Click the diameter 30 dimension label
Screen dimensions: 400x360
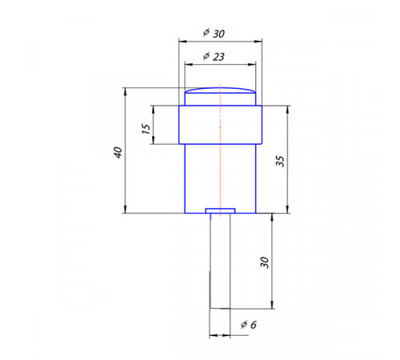click(x=214, y=33)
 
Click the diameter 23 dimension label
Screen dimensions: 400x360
click(x=214, y=56)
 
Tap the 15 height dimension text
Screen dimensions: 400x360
click(x=146, y=129)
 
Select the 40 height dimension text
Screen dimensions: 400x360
click(x=118, y=152)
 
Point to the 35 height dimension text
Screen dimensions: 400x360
click(x=280, y=162)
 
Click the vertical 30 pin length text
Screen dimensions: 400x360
click(x=264, y=262)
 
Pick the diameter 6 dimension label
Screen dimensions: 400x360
click(x=248, y=325)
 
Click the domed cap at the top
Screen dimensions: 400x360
click(x=220, y=90)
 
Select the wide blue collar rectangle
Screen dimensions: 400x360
click(x=220, y=125)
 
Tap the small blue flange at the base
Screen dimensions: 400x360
click(x=220, y=211)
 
